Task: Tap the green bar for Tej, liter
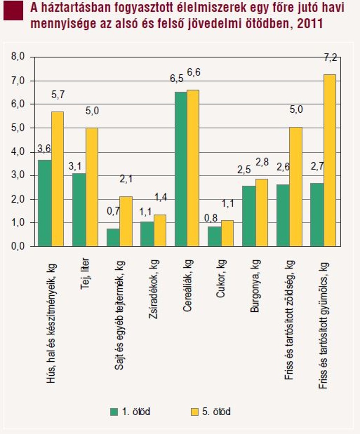click(79, 210)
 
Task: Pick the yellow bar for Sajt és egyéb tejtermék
click(126, 221)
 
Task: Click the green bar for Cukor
click(215, 236)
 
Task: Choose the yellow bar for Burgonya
click(262, 213)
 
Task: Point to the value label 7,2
click(330, 58)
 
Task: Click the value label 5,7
click(58, 95)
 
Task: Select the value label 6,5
click(176, 79)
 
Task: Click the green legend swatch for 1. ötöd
click(114, 411)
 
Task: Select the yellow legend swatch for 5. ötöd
click(195, 411)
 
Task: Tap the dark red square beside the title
click(14, 11)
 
